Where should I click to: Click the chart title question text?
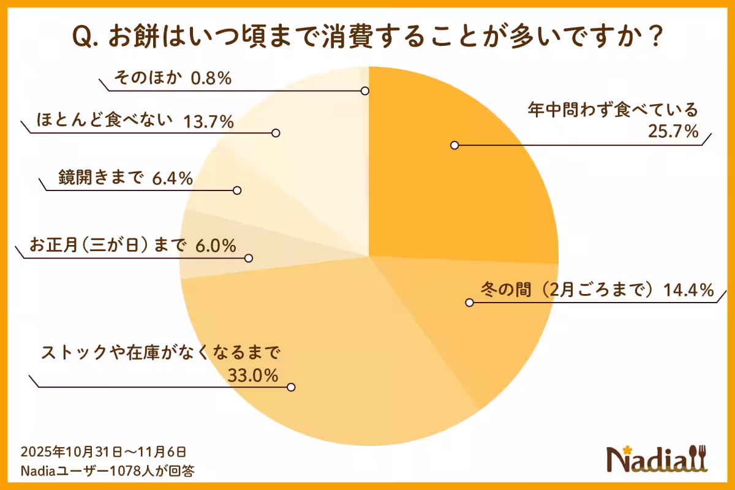click(x=367, y=37)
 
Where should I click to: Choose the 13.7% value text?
click(x=209, y=121)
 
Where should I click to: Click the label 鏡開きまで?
click(x=100, y=178)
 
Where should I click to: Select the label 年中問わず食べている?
click(x=612, y=111)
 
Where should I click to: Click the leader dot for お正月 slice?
click(x=249, y=258)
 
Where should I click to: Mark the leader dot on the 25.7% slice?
click(x=454, y=145)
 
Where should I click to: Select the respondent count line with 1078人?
click(x=108, y=470)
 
